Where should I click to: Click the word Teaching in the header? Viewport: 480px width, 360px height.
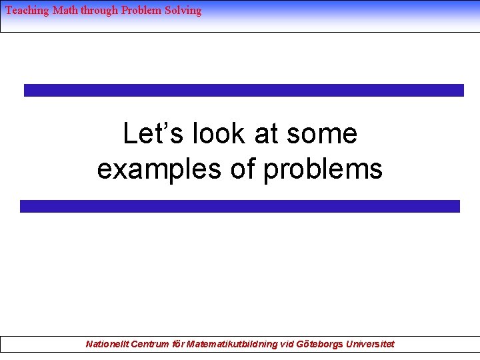point(27,11)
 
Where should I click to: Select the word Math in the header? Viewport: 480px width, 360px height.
point(65,11)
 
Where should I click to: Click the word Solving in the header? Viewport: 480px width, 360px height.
point(183,11)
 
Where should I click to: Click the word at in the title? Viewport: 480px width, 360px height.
point(266,134)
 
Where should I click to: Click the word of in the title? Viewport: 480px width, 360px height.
point(243,169)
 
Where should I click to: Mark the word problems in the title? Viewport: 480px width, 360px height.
point(323,169)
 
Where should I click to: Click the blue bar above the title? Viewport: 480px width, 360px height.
point(243,90)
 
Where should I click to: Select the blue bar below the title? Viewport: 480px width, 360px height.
point(240,206)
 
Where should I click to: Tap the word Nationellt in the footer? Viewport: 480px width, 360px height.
point(107,344)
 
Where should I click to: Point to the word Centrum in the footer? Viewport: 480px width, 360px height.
point(150,344)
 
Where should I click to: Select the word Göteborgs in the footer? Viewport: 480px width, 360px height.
point(322,344)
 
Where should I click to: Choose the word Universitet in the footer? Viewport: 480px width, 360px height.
point(371,344)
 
